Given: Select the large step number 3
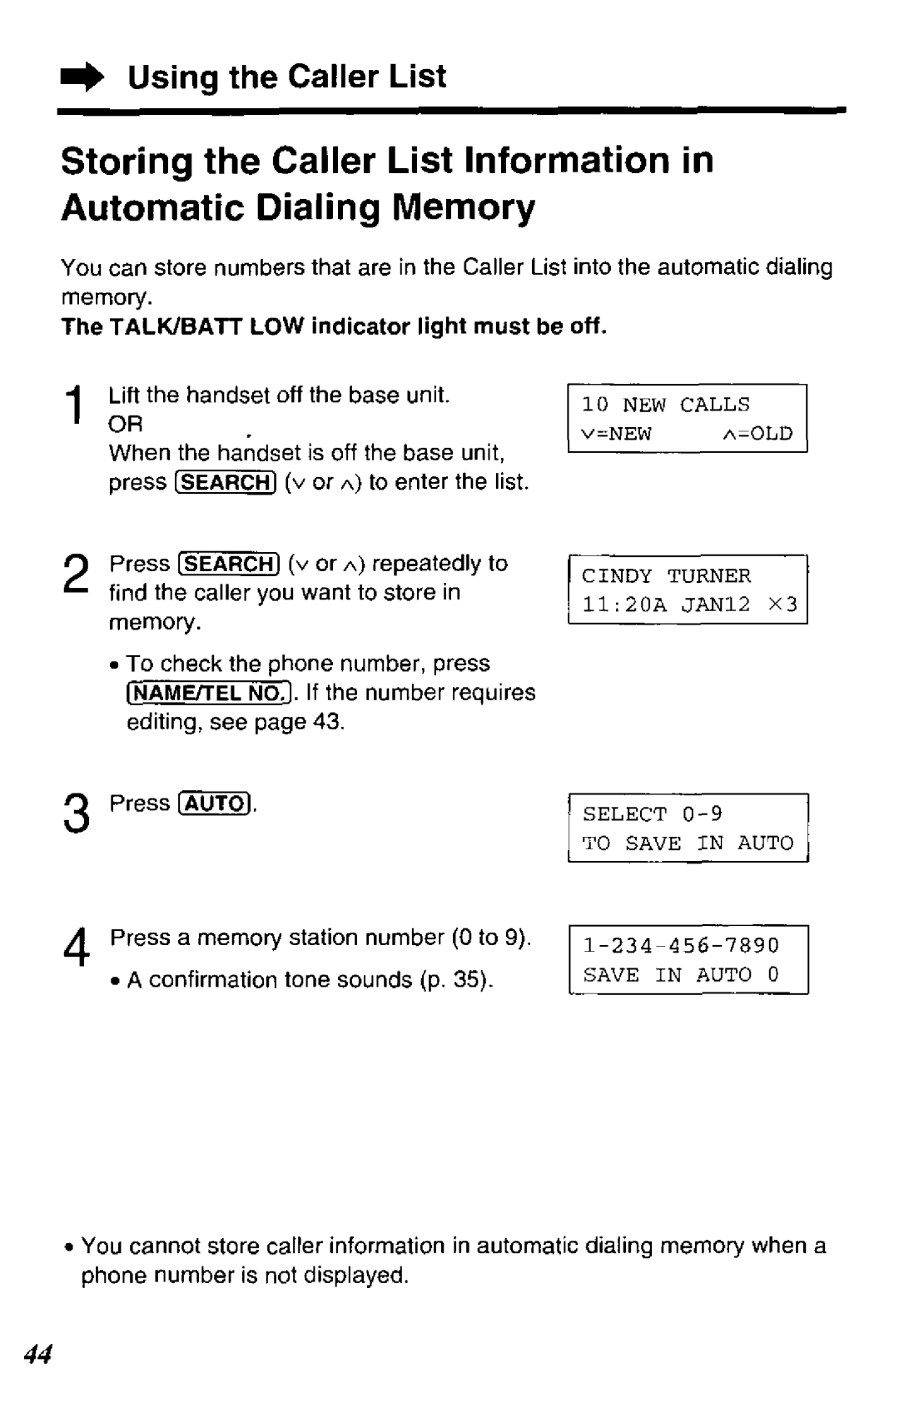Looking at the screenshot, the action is [77, 813].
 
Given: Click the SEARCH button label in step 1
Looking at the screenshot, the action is [226, 483].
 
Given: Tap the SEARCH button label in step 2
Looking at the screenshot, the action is [229, 564].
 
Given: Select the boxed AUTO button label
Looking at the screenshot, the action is [216, 803].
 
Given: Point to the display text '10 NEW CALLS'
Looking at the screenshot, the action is [665, 405].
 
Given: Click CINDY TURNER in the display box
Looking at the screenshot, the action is [666, 576].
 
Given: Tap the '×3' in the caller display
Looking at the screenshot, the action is [783, 605].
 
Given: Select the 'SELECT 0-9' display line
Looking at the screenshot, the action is [653, 813].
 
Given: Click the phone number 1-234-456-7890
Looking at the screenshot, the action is [681, 945].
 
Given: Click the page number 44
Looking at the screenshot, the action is [37, 1354].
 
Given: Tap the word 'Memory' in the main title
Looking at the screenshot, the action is [464, 207].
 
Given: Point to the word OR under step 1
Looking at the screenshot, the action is [126, 424].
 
